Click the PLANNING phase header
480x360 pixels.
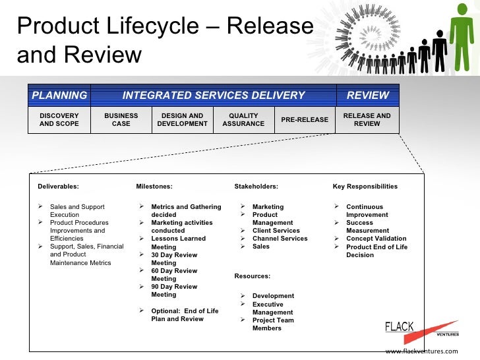coord(59,95)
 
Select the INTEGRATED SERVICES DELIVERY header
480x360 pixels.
coord(214,95)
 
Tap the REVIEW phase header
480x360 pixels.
coord(367,95)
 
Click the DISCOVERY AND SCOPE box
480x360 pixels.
coord(59,119)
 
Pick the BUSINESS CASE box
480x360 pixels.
coord(121,119)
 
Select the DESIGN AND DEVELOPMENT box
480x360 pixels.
coord(183,119)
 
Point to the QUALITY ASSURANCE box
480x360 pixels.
coord(243,119)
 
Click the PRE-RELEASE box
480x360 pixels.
coord(304,119)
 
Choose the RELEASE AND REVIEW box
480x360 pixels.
coord(367,119)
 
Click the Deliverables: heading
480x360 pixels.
coord(58,187)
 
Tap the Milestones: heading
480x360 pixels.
coord(154,187)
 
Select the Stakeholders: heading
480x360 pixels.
coord(256,187)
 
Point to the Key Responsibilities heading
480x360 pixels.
coord(365,187)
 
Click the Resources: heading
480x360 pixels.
coord(252,276)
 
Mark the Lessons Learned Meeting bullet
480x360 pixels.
coord(178,243)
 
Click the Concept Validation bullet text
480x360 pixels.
coord(376,239)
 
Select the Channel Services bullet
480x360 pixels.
coord(280,239)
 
